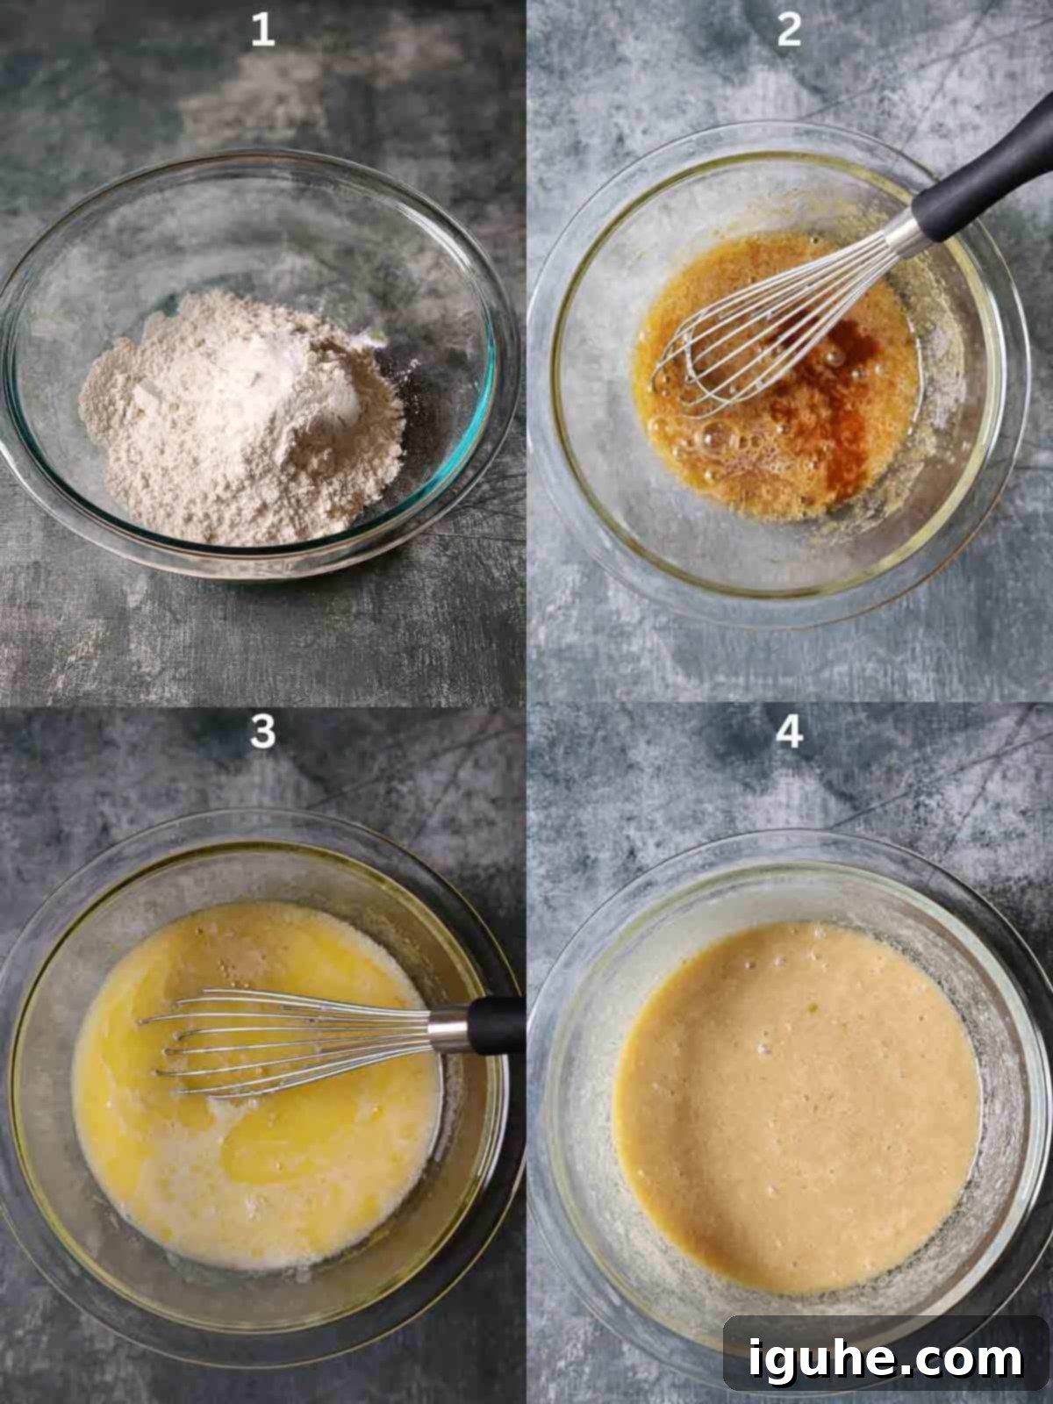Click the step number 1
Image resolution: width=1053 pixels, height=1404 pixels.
262,30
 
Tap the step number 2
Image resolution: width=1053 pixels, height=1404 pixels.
789,30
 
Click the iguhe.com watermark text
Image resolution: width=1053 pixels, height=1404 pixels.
885,1358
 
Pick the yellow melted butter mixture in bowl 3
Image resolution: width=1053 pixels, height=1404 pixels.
255,1145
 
